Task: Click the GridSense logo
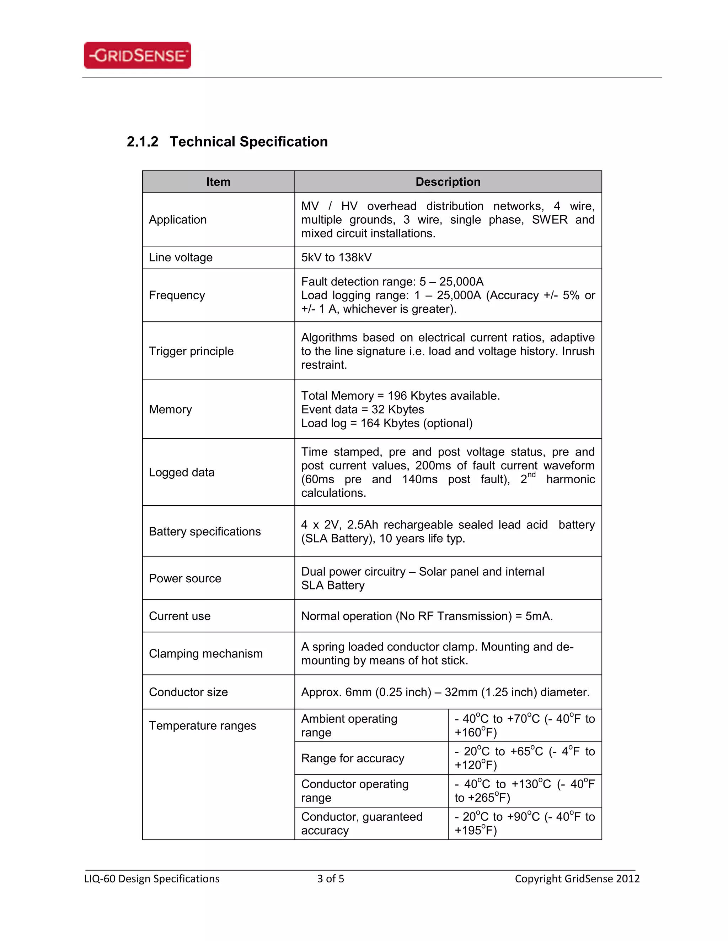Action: click(137, 55)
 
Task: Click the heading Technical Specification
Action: click(248, 142)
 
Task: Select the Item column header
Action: click(218, 182)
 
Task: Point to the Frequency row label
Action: click(177, 295)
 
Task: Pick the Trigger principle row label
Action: click(191, 351)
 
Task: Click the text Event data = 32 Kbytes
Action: click(362, 409)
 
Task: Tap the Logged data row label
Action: click(182, 472)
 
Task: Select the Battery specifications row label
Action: click(205, 531)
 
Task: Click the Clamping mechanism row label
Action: click(206, 654)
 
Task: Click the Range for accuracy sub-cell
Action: click(353, 758)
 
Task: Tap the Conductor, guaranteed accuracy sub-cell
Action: click(362, 823)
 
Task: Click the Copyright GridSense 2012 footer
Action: click(577, 879)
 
